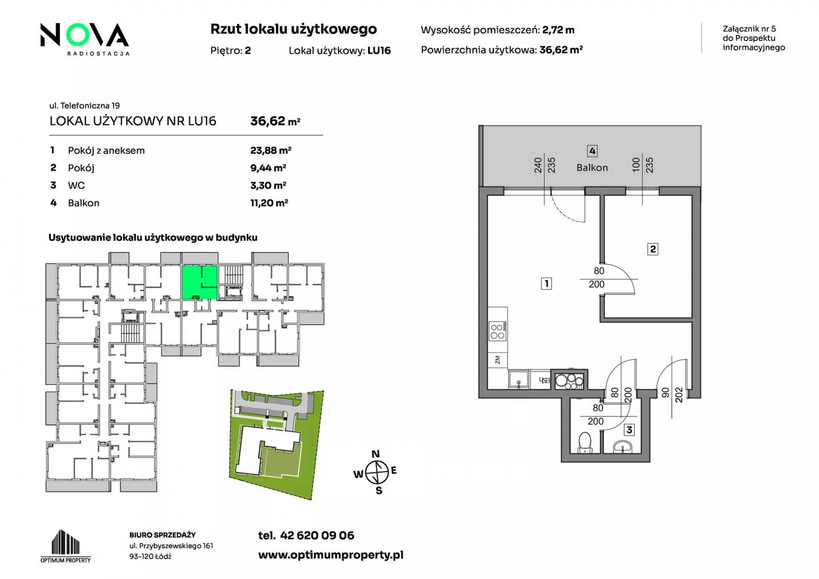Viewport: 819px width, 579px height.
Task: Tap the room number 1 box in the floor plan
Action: point(546,283)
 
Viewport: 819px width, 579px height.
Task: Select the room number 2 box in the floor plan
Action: point(653,249)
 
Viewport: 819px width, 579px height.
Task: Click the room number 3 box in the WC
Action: point(629,430)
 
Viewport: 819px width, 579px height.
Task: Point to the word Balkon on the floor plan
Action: point(592,168)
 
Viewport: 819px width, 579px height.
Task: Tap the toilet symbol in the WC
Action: point(584,443)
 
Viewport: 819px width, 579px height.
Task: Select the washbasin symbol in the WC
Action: point(623,447)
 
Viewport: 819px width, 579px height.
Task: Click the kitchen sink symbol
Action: point(519,379)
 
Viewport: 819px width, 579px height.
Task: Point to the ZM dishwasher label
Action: point(497,360)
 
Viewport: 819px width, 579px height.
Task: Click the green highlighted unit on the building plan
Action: point(200,282)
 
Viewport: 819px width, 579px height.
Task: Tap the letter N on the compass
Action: point(375,454)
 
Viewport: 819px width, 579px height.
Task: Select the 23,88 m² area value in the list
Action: point(271,150)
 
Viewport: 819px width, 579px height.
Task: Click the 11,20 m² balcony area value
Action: point(269,203)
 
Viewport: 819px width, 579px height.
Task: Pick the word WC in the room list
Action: point(76,185)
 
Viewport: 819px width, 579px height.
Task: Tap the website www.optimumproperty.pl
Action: point(331,555)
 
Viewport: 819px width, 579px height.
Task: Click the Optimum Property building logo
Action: point(65,546)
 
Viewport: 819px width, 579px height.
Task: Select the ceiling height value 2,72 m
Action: point(558,30)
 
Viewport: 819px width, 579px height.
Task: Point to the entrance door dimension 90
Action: point(665,393)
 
